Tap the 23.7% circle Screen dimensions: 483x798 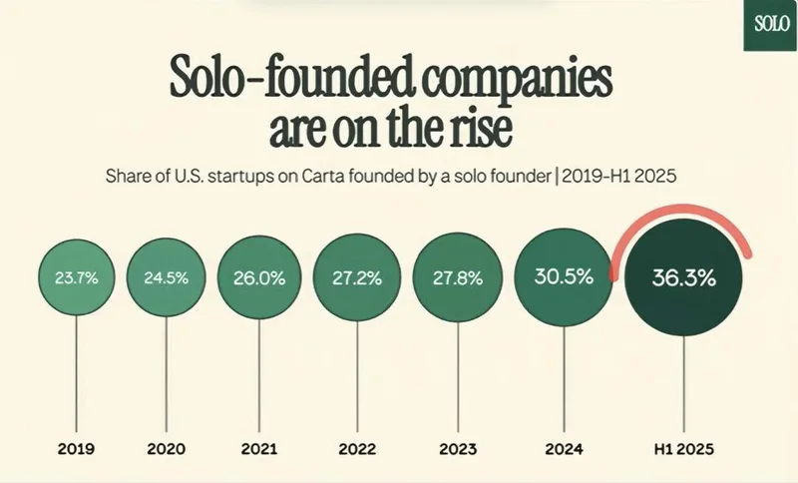pyautogui.click(x=76, y=278)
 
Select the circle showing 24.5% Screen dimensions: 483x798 pyautogui.click(x=166, y=278)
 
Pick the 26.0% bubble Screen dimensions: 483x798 pyautogui.click(x=259, y=278)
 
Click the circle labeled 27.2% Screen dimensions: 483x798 pyautogui.click(x=355, y=278)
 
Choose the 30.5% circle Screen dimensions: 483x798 pyautogui.click(x=560, y=278)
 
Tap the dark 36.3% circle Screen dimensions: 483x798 pyautogui.click(x=684, y=279)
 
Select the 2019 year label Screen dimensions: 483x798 pyautogui.click(x=76, y=448)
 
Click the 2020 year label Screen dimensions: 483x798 pyautogui.click(x=166, y=448)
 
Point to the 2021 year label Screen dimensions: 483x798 pyautogui.click(x=259, y=448)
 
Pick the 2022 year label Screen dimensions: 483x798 pyautogui.click(x=355, y=448)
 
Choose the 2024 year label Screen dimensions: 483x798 pyautogui.click(x=560, y=448)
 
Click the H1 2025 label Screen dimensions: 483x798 pyautogui.click(x=684, y=448)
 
